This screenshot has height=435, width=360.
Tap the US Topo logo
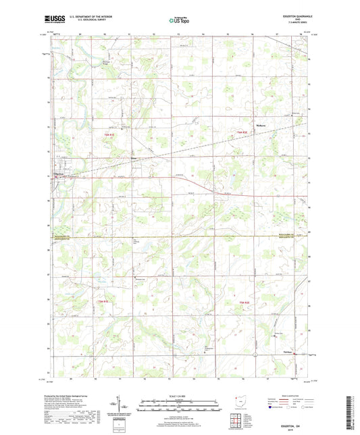click(178, 21)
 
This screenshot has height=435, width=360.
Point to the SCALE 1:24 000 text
click(179, 396)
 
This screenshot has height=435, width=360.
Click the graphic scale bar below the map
click(179, 405)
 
